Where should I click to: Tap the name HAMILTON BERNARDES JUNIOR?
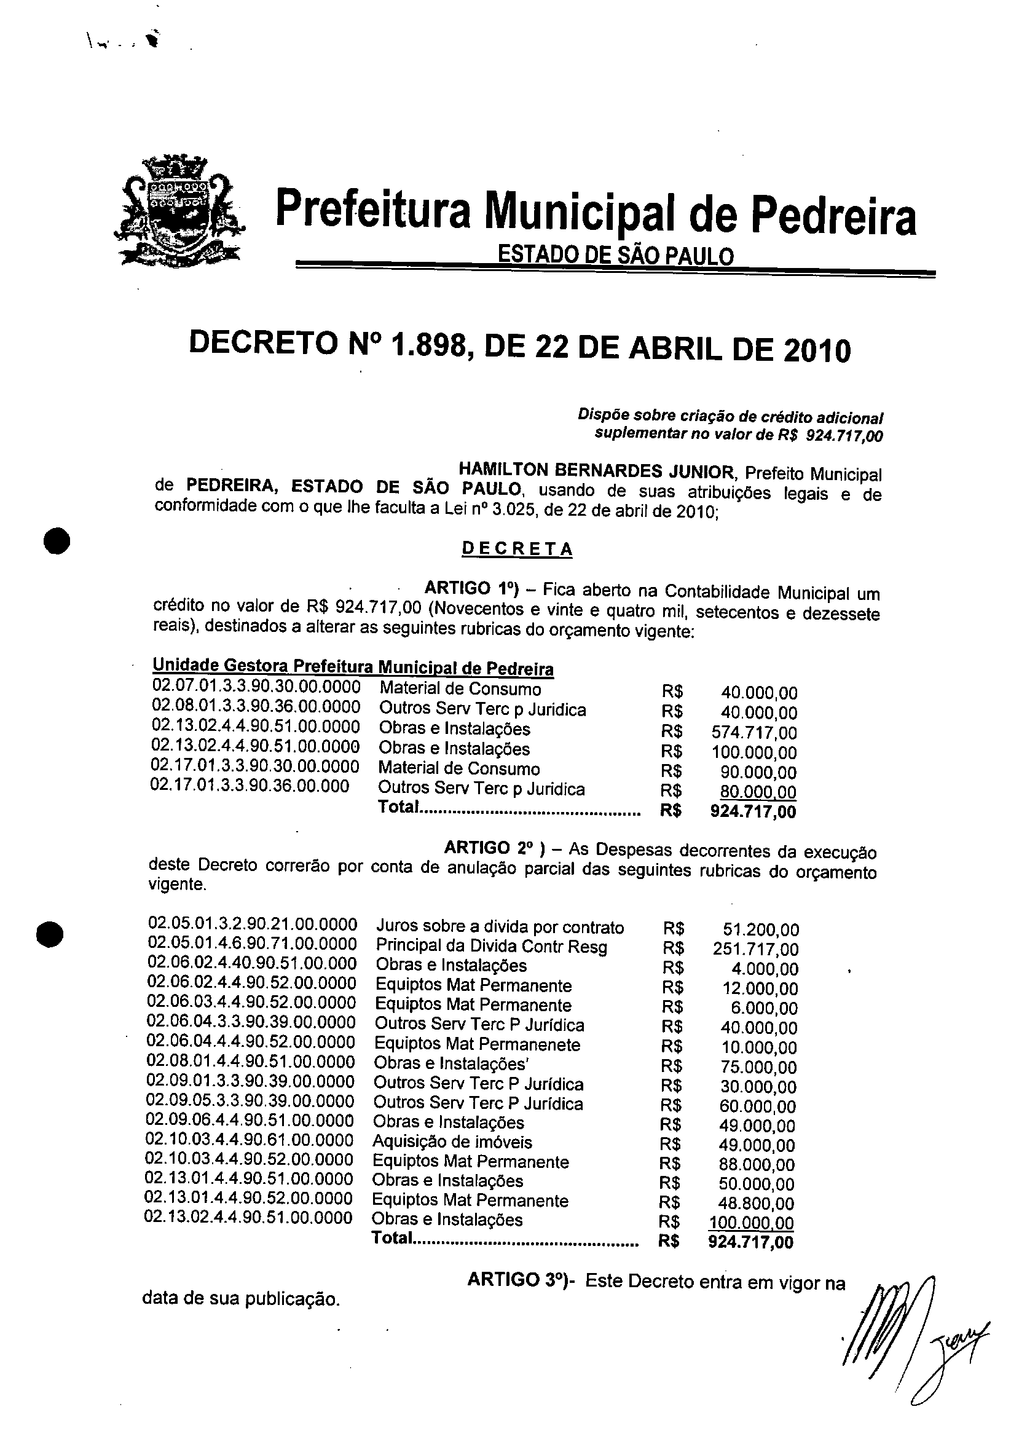(596, 470)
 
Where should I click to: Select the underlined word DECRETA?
(517, 549)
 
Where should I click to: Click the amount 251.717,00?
(755, 949)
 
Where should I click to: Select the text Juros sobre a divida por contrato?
(500, 927)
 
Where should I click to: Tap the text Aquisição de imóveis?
(452, 1142)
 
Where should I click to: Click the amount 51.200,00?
(760, 929)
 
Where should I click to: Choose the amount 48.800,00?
(757, 1204)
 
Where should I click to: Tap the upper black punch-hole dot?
(56, 541)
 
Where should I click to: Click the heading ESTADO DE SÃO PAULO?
(615, 255)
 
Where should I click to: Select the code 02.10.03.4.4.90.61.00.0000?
(250, 1140)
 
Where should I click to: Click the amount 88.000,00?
(757, 1164)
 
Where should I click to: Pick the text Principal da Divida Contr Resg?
(492, 947)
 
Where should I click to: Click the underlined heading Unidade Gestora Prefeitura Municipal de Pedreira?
(353, 667)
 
